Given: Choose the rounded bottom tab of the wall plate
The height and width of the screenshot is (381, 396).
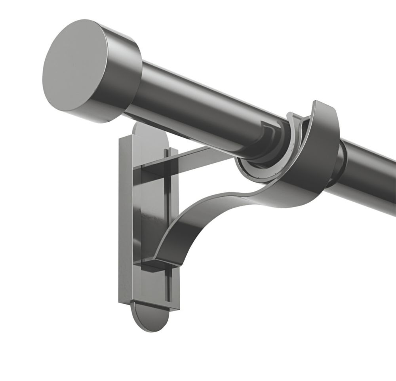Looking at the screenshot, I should (x=149, y=317).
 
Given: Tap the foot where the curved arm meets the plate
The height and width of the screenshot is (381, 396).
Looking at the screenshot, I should (x=156, y=263).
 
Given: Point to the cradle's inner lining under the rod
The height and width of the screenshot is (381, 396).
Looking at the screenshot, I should (x=257, y=174).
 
